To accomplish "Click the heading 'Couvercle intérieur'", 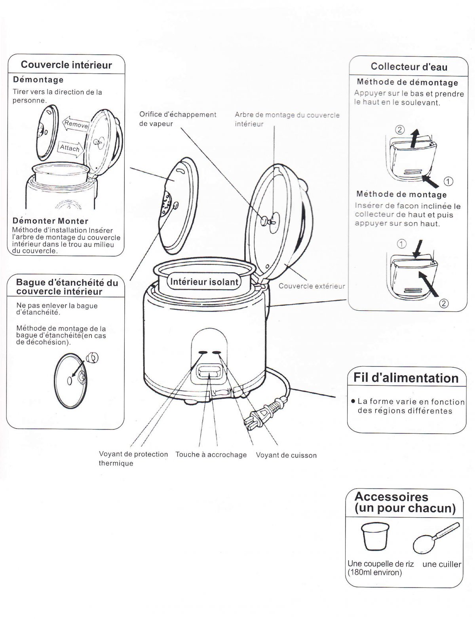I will (x=66, y=65).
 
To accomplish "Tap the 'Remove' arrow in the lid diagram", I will (x=75, y=124).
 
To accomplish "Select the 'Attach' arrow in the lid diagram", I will (x=70, y=148).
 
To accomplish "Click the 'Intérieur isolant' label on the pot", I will (x=204, y=282).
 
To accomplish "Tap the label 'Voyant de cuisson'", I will (x=286, y=455).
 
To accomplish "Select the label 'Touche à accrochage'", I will (x=211, y=455).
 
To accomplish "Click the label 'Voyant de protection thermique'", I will (x=133, y=458).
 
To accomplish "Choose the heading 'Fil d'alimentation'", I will (x=406, y=378).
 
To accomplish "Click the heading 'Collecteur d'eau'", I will (x=409, y=66).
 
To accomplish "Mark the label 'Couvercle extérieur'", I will (x=312, y=286).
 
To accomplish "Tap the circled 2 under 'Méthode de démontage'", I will (x=400, y=129).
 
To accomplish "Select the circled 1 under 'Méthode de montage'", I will (x=401, y=244).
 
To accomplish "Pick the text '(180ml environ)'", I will (x=374, y=572).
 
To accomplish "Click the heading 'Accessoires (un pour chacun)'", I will (x=405, y=502).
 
